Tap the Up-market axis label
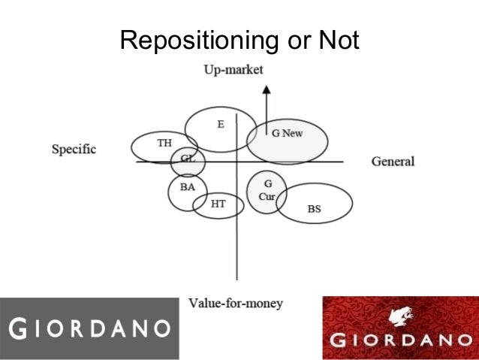click(233, 70)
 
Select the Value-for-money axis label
click(235, 304)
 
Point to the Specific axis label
click(74, 149)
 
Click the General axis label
click(393, 162)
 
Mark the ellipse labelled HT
click(218, 204)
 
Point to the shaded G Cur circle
click(267, 191)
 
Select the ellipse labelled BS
click(315, 203)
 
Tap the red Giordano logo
click(400, 328)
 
